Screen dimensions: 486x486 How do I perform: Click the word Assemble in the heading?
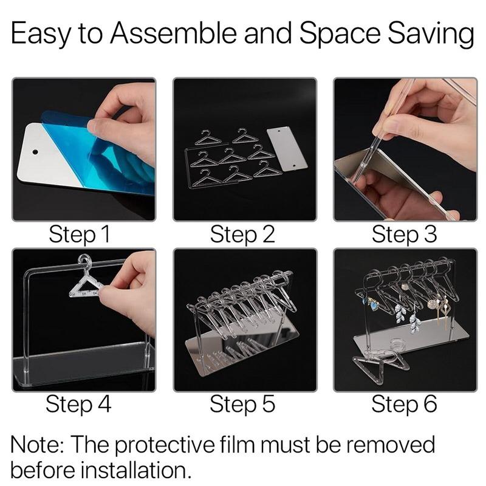coord(174,33)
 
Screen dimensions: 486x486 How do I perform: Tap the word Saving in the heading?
coord(431,34)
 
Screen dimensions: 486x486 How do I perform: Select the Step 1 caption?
coord(80,235)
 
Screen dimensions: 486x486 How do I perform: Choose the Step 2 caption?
coord(242,235)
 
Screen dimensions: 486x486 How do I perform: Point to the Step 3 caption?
coord(404,235)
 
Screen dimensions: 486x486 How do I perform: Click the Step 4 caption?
coord(78,405)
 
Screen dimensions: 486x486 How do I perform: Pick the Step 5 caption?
coord(242,405)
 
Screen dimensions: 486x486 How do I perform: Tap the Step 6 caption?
coord(404,405)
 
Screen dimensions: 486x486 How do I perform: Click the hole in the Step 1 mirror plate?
coord(35,152)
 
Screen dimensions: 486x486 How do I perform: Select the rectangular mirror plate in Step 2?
coord(287,149)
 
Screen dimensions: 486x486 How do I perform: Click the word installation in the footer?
coord(135,470)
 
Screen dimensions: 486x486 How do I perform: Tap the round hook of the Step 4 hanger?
coord(85,260)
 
